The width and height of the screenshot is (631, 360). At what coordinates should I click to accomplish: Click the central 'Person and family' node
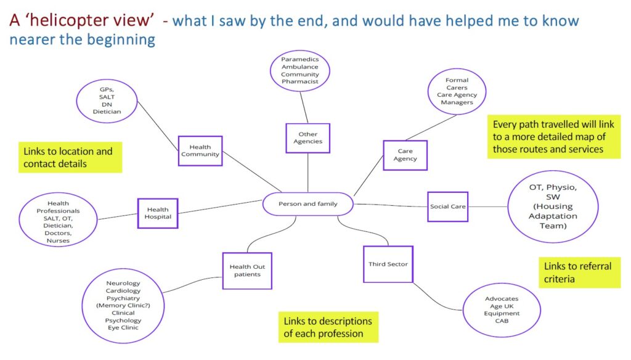coord(308,203)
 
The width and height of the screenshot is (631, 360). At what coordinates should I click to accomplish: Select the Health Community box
coord(200,151)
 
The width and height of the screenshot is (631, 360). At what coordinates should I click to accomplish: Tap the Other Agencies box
coord(307,138)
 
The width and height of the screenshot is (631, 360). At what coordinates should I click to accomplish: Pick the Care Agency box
coord(405,155)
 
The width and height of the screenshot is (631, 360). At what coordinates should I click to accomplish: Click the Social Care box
coord(448,207)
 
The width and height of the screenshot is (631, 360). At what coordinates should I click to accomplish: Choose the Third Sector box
coord(388,264)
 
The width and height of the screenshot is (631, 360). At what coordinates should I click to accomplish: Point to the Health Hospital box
coord(158,213)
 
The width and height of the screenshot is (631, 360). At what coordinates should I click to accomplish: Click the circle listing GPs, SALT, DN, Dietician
coord(107,100)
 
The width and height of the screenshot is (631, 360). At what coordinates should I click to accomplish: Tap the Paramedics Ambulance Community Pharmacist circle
coord(300,70)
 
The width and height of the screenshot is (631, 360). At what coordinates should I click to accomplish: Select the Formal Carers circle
coord(457,91)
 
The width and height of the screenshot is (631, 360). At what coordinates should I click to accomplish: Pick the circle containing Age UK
coord(502,309)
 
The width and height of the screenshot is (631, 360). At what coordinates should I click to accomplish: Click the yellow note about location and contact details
coord(70,157)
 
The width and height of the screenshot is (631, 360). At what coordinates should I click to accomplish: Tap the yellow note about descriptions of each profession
coord(328,327)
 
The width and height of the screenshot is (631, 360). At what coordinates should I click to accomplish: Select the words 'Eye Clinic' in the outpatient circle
coord(123,328)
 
